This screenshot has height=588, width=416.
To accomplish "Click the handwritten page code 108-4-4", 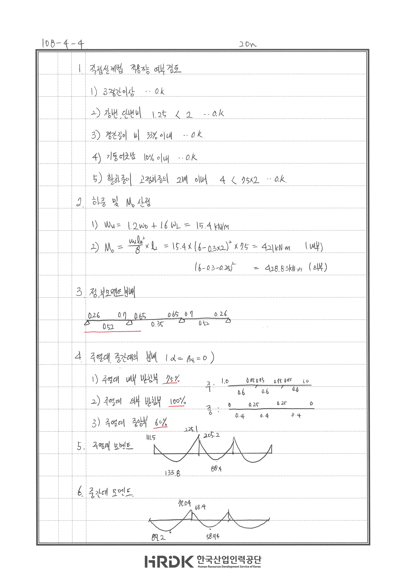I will (63, 44).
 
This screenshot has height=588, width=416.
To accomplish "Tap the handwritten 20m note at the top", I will (247, 44).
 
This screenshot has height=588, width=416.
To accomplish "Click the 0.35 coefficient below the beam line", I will (157, 324).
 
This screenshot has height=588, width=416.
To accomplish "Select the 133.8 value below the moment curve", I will (172, 473).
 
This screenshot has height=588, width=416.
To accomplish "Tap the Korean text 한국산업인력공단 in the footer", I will (229, 559).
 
